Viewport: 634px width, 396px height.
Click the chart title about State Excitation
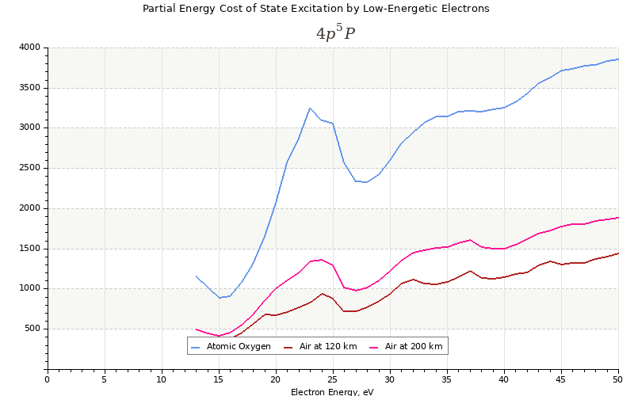click(x=315, y=9)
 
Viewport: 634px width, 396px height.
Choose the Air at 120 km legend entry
click(x=328, y=346)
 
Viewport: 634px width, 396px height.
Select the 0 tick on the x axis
click(x=47, y=379)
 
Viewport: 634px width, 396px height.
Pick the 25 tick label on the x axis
click(x=333, y=379)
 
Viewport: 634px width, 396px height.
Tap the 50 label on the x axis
click(x=618, y=379)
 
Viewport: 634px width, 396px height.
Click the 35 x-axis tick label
click(x=447, y=379)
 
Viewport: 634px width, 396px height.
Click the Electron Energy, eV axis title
click(x=332, y=391)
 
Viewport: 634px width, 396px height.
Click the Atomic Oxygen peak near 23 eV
click(x=310, y=108)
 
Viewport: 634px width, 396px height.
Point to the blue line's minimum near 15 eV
click(x=219, y=298)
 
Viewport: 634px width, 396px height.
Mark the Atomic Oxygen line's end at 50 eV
click(x=618, y=59)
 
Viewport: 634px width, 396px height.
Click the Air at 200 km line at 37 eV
click(x=470, y=240)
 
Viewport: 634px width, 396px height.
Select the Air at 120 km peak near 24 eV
click(x=322, y=294)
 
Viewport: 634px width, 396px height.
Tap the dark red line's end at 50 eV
click(x=618, y=253)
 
